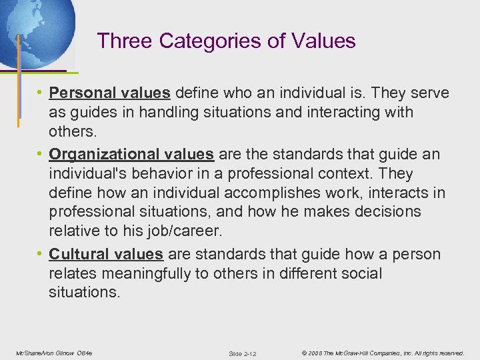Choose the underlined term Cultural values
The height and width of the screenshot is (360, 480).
pyautogui.click(x=106, y=254)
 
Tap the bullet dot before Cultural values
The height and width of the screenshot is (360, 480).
pyautogui.click(x=41, y=254)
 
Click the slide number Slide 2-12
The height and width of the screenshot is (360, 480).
pyautogui.click(x=242, y=353)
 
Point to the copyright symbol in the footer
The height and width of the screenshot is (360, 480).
pyautogui.click(x=304, y=352)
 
